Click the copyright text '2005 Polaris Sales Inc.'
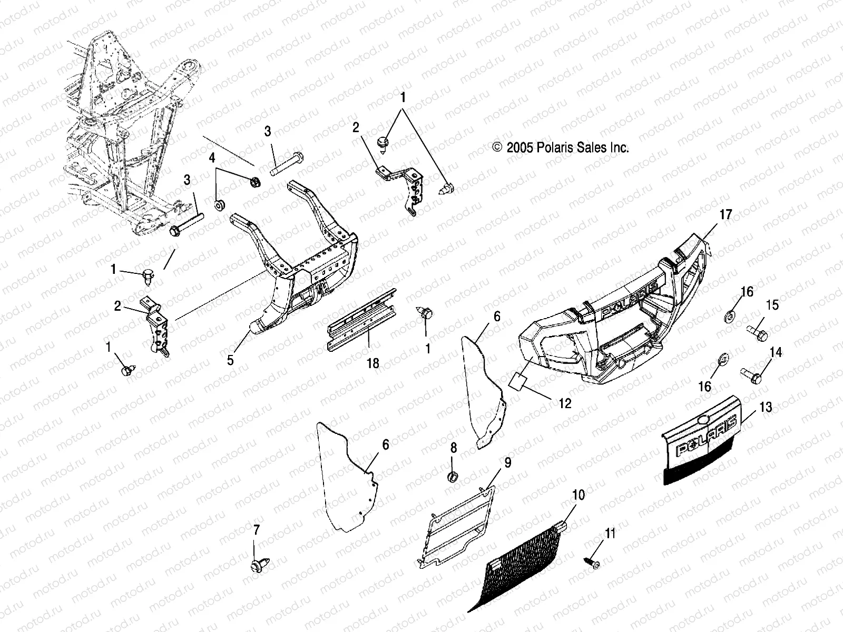(x=561, y=148)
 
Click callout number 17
(x=726, y=214)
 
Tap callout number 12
(x=565, y=404)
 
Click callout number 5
(x=230, y=360)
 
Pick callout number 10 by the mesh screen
(x=578, y=495)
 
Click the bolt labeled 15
(x=758, y=333)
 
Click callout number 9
(x=507, y=462)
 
